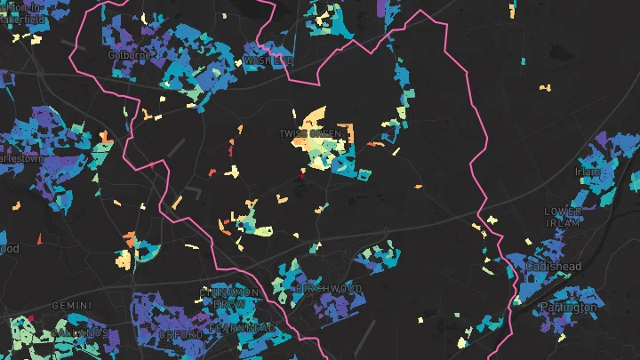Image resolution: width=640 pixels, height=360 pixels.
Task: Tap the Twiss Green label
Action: pyautogui.click(x=310, y=134)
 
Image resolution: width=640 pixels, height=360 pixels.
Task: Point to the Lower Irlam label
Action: pyautogui.click(x=564, y=217)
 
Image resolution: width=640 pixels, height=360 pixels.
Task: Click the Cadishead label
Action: pyautogui.click(x=553, y=266)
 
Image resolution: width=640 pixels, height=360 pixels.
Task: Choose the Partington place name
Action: pyautogui.click(x=568, y=308)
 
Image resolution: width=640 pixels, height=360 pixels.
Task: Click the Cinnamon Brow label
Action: pyautogui.click(x=229, y=298)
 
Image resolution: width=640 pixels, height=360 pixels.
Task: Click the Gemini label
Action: pyautogui.click(x=71, y=306)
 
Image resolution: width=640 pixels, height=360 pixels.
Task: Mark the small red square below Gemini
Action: pyautogui.click(x=30, y=318)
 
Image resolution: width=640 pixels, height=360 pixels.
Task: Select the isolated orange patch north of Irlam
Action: pyautogui.click(x=547, y=87)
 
